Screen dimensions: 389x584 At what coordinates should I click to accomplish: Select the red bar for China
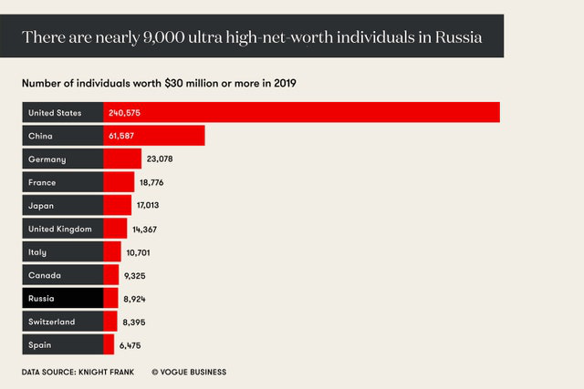coord(173,136)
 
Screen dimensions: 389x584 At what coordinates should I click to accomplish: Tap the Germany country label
coord(47,159)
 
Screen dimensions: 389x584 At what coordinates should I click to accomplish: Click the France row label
coord(44,182)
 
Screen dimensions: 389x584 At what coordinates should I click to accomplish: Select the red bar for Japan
coord(118,206)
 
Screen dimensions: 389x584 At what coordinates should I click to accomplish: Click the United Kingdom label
coord(60,229)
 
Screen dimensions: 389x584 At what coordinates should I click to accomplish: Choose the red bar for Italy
coord(112,251)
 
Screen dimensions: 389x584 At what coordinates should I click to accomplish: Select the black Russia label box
coord(62,298)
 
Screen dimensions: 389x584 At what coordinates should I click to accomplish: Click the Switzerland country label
coord(52,322)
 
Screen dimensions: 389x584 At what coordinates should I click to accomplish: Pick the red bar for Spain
coord(109,344)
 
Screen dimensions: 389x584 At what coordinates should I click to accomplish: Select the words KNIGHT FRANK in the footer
coord(109,372)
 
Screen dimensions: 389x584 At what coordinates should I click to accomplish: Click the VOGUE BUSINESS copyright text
coord(189,372)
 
